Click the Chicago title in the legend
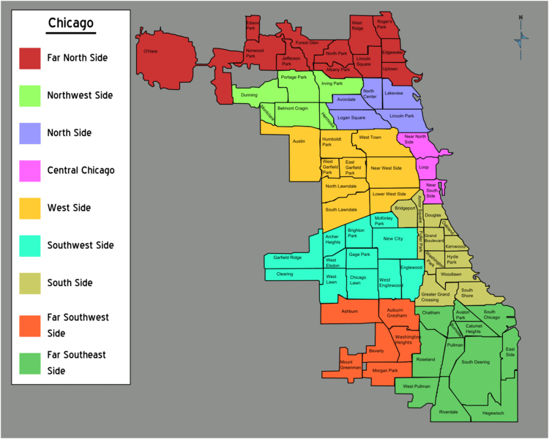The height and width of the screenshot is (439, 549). pyautogui.click(x=71, y=23)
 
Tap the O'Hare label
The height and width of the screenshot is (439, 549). pyautogui.click(x=150, y=51)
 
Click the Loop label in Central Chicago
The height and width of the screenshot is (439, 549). pyautogui.click(x=423, y=166)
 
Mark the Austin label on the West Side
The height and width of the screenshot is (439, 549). pyautogui.click(x=298, y=140)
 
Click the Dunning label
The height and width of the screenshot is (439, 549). pyautogui.click(x=249, y=94)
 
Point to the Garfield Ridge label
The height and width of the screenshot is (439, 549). pyautogui.click(x=287, y=258)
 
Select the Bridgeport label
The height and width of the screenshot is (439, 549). pyautogui.click(x=405, y=209)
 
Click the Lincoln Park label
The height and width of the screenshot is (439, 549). pyautogui.click(x=402, y=116)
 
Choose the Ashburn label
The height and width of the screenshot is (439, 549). pyautogui.click(x=349, y=311)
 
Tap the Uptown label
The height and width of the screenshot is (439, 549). pyautogui.click(x=390, y=69)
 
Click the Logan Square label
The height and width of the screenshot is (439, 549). pyautogui.click(x=351, y=117)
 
